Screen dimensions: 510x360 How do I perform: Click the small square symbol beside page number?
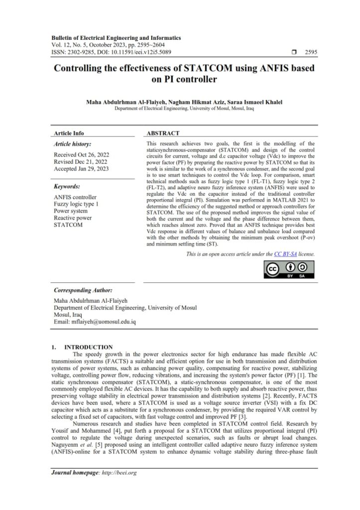click(x=294, y=52)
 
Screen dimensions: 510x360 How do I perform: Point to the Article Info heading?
click(x=69, y=133)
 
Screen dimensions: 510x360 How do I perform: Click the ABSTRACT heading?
click(x=163, y=133)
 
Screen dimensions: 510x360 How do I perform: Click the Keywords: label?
click(x=67, y=186)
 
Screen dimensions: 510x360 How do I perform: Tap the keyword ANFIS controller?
click(x=75, y=197)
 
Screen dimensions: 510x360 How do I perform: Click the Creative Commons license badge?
click(x=289, y=268)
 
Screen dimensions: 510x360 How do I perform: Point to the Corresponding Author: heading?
click(x=83, y=290)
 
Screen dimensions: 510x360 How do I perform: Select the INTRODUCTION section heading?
click(x=89, y=347)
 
